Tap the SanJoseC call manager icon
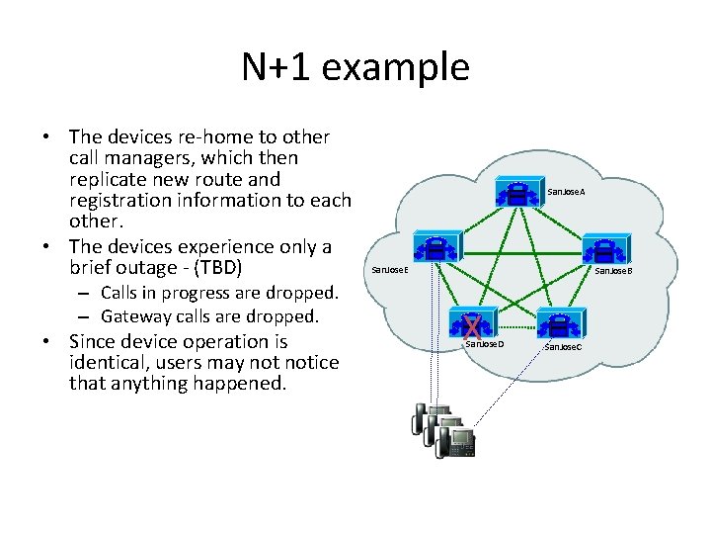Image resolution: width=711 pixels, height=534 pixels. point(560,322)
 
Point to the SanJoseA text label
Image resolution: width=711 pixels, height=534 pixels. point(566,190)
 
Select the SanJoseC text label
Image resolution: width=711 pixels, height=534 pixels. point(563,347)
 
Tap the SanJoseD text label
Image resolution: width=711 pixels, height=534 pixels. point(484,344)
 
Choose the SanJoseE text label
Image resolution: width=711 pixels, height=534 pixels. point(388,269)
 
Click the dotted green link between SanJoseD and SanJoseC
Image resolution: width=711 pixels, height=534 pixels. point(516,323)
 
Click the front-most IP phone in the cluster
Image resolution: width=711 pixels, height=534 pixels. point(456,442)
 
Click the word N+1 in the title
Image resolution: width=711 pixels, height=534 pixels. point(276,67)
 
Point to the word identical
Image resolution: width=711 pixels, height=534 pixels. point(111,362)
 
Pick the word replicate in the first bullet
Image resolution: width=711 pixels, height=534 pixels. point(113,179)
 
